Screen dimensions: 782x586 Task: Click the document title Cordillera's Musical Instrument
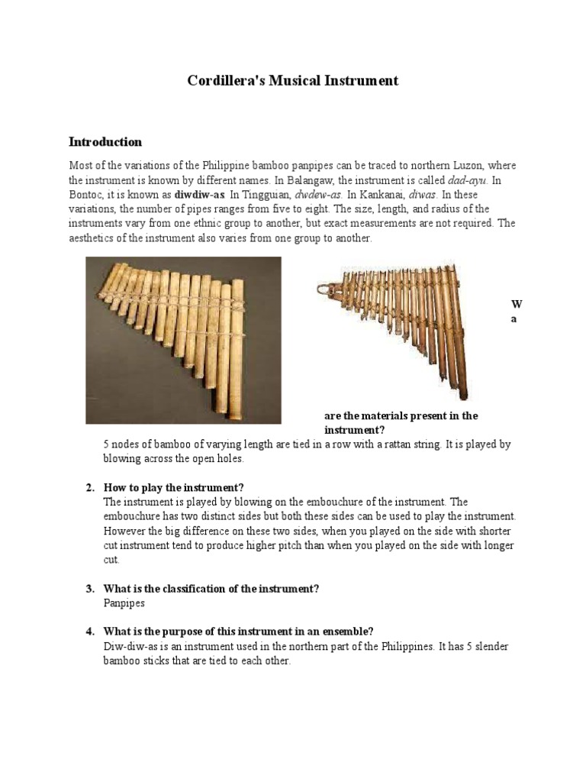pyautogui.click(x=293, y=80)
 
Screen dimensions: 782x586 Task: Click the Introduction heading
pyautogui.click(x=105, y=142)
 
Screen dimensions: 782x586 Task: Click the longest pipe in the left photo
pyautogui.click(x=237, y=344)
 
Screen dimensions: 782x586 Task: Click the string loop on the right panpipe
pyautogui.click(x=330, y=289)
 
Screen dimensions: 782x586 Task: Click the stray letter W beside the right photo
pyautogui.click(x=516, y=304)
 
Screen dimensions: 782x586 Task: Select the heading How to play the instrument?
pyautogui.click(x=173, y=487)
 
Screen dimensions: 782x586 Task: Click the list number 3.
pyautogui.click(x=89, y=588)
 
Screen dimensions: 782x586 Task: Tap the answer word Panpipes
pyautogui.click(x=124, y=603)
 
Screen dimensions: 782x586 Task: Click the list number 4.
pyautogui.click(x=89, y=632)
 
